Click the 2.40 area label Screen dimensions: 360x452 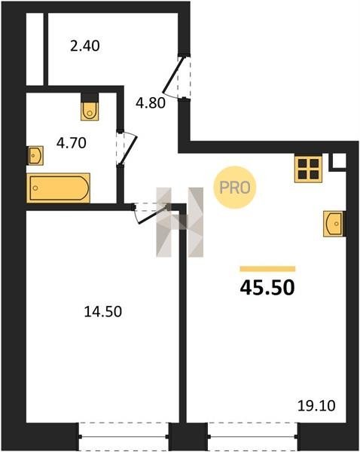85,46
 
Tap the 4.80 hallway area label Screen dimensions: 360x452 151,103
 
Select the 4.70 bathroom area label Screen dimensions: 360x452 72,143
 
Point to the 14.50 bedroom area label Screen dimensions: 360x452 103,312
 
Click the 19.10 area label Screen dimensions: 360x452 316,406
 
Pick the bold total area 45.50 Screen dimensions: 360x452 267,288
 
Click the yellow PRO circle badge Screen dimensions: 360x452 235,188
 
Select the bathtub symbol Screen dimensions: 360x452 58,188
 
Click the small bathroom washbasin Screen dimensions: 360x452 35,156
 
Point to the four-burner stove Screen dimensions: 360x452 308,169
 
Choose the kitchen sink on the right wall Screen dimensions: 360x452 334,224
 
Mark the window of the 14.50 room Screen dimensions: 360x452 124,436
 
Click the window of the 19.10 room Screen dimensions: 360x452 253,436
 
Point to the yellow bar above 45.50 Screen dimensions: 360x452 267,269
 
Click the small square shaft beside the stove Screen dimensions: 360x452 338,160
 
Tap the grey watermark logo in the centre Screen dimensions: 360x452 180,222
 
